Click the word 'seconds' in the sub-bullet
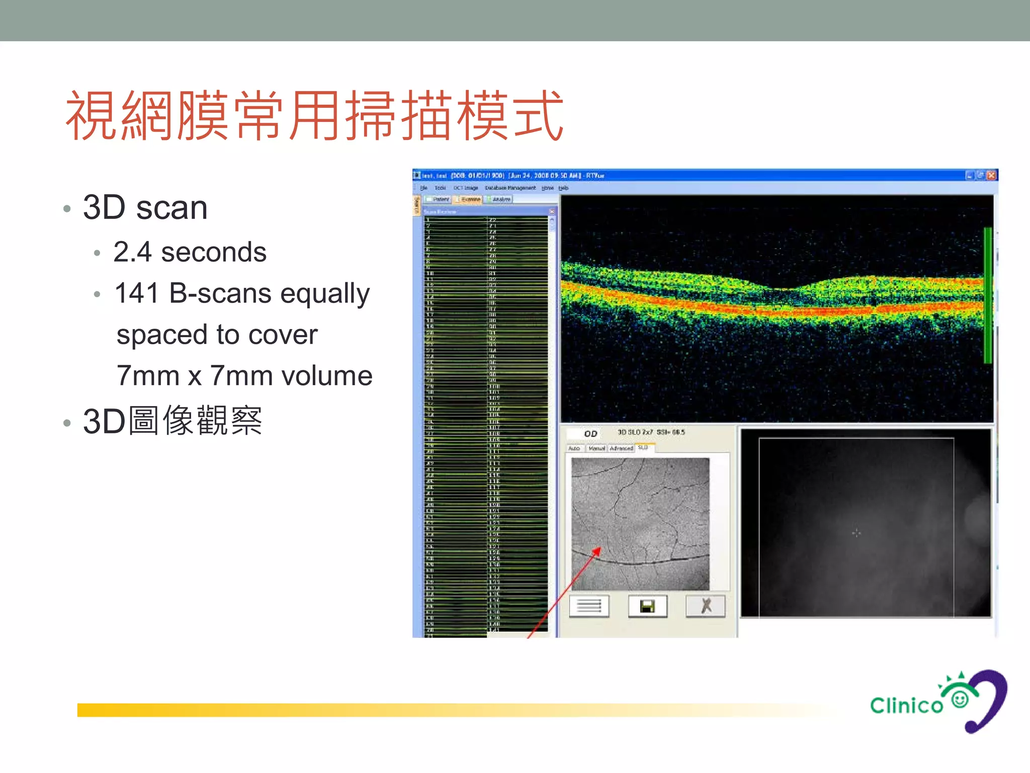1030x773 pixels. [x=213, y=252]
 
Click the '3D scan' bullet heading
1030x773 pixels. [x=145, y=207]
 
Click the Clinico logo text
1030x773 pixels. [x=906, y=706]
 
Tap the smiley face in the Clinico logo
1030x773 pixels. [x=960, y=699]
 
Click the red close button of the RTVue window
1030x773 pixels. [x=991, y=175]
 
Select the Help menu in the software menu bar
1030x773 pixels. [x=563, y=188]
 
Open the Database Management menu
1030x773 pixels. [x=510, y=188]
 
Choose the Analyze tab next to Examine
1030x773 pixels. [x=499, y=199]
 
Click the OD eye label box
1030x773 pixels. [x=590, y=433]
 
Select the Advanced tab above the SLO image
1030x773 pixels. [x=621, y=448]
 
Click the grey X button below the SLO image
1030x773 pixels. [x=706, y=606]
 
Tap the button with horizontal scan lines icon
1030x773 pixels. [x=589, y=606]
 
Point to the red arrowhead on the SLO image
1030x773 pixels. [x=597, y=552]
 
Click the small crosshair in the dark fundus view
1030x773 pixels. [x=856, y=532]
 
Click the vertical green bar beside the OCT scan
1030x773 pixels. [x=987, y=295]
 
